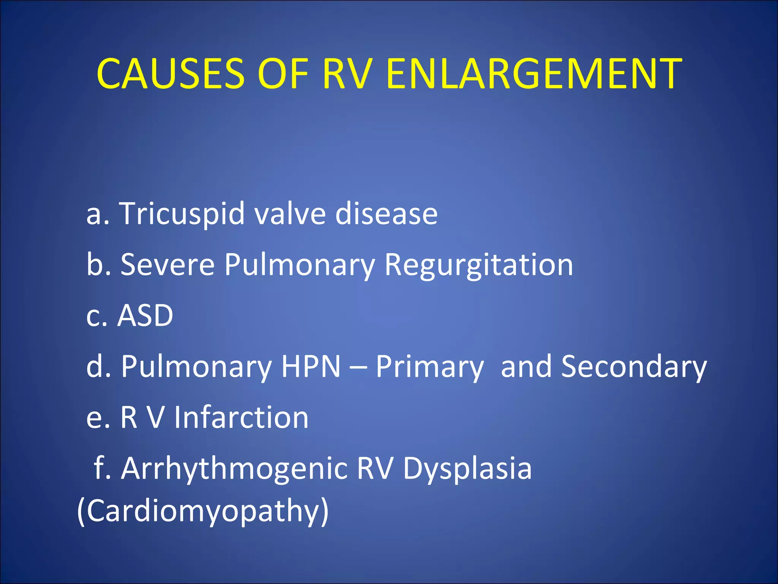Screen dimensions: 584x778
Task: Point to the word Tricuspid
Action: pos(182,214)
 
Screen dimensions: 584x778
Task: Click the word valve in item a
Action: pos(289,213)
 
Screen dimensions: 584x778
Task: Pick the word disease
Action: pos(386,213)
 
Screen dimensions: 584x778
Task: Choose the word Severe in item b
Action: pos(168,265)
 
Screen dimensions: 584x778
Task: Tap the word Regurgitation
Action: pos(479,265)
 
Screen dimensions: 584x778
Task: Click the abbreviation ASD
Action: pos(145,316)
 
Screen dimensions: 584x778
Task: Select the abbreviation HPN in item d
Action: pos(311,367)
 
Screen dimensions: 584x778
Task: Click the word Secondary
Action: pos(634,367)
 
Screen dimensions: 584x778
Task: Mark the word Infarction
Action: pos(241,417)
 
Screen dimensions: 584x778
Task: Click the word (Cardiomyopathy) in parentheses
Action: pos(203,512)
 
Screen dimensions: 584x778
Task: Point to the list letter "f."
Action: pos(102,468)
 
